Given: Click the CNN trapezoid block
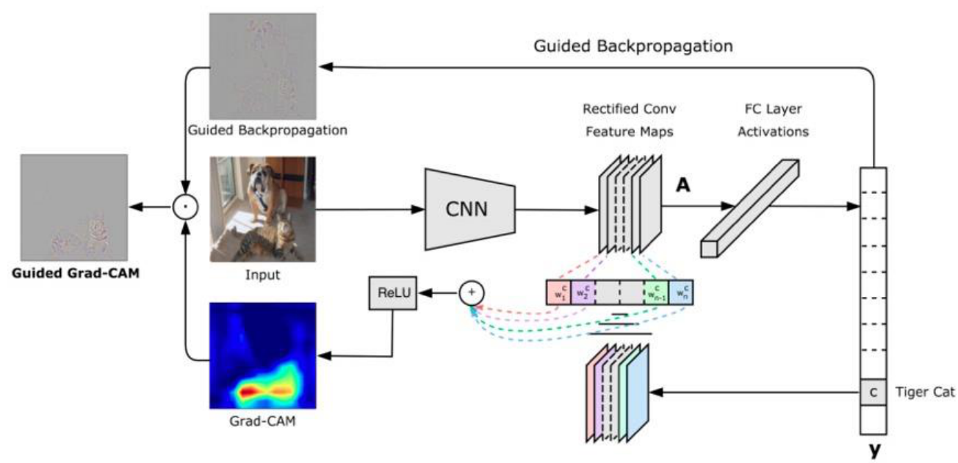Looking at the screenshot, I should tap(466, 209).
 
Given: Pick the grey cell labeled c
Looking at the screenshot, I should tap(873, 392).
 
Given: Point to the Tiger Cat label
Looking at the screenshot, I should tap(926, 392).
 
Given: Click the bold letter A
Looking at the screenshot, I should tap(683, 187).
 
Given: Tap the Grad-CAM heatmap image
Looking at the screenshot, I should tap(263, 356).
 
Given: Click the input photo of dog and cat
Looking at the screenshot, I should tap(262, 209).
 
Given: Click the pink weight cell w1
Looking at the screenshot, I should tap(558, 292).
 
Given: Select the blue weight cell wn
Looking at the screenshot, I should tap(680, 292).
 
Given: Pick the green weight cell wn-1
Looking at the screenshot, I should tap(656, 292).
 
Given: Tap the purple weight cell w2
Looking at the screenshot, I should tap(582, 292).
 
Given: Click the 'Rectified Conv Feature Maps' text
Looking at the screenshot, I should tap(629, 121).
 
